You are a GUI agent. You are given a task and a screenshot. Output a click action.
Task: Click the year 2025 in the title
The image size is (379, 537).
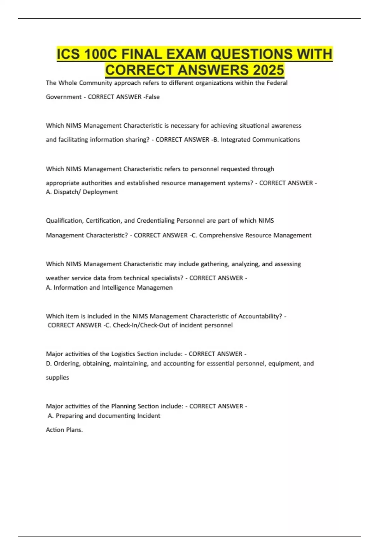268,70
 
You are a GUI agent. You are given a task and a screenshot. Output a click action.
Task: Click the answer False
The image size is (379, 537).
153,97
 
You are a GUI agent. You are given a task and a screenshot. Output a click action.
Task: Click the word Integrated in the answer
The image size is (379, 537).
236,140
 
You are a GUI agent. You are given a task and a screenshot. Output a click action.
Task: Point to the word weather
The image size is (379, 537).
57,278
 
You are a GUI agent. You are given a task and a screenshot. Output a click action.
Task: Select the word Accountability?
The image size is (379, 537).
260,316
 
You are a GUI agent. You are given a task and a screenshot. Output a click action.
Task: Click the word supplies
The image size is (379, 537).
57,377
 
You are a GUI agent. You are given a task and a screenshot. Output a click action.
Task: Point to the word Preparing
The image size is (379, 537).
69,416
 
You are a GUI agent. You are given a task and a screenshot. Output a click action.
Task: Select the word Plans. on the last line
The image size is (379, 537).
74,430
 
